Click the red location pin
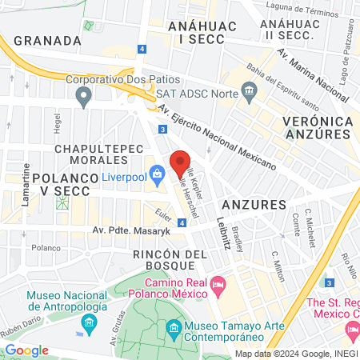pos(182,163)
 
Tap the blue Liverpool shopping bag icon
pos(158,173)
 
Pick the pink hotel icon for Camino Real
pos(218,283)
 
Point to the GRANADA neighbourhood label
pos(48,40)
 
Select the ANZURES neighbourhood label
pos(255,205)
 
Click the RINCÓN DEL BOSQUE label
pos(164,258)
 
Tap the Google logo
pos(26,350)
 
